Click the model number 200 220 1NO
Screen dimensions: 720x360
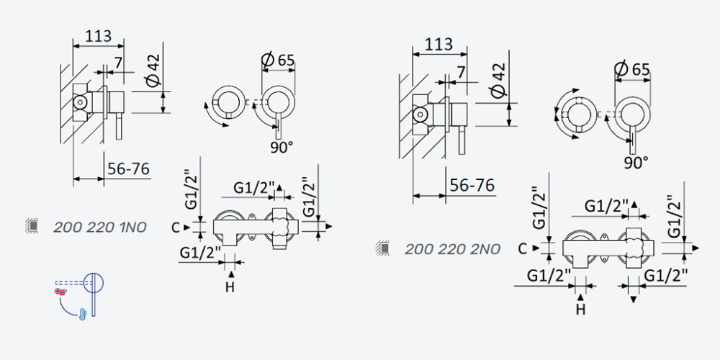click(99, 227)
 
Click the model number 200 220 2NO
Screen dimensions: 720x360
click(452, 249)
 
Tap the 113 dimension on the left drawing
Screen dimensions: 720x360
click(98, 35)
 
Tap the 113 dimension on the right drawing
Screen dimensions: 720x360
click(438, 44)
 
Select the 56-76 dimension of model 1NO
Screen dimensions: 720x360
click(129, 169)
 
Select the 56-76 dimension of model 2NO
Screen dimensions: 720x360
click(472, 186)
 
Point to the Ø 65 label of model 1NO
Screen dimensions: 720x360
click(278, 60)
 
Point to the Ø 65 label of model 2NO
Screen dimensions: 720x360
click(633, 69)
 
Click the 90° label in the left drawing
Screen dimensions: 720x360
click(282, 148)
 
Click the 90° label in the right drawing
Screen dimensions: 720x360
click(636, 163)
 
